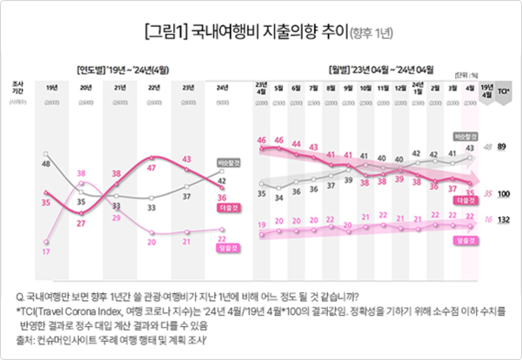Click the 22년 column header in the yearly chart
tap(153, 87)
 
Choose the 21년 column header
tap(117, 87)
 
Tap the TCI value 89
tap(502, 147)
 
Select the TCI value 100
tap(502, 193)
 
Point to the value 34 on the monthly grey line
tap(279, 197)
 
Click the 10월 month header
tap(365, 87)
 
